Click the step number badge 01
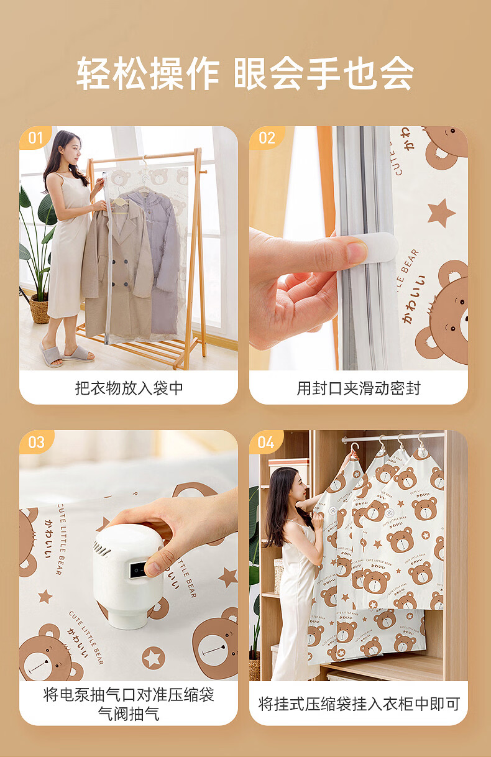pos(35,138)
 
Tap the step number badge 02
pos(267,138)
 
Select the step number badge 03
pos(36,443)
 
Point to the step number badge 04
pos(265,443)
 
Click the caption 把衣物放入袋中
pos(129,388)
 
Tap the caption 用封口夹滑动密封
pos(359,388)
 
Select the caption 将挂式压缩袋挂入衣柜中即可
pos(359,704)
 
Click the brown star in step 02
pos(441,213)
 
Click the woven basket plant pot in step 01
pos(40,308)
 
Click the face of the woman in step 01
pos(73,148)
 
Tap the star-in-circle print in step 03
pos(154,658)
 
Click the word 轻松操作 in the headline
pos(147,73)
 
